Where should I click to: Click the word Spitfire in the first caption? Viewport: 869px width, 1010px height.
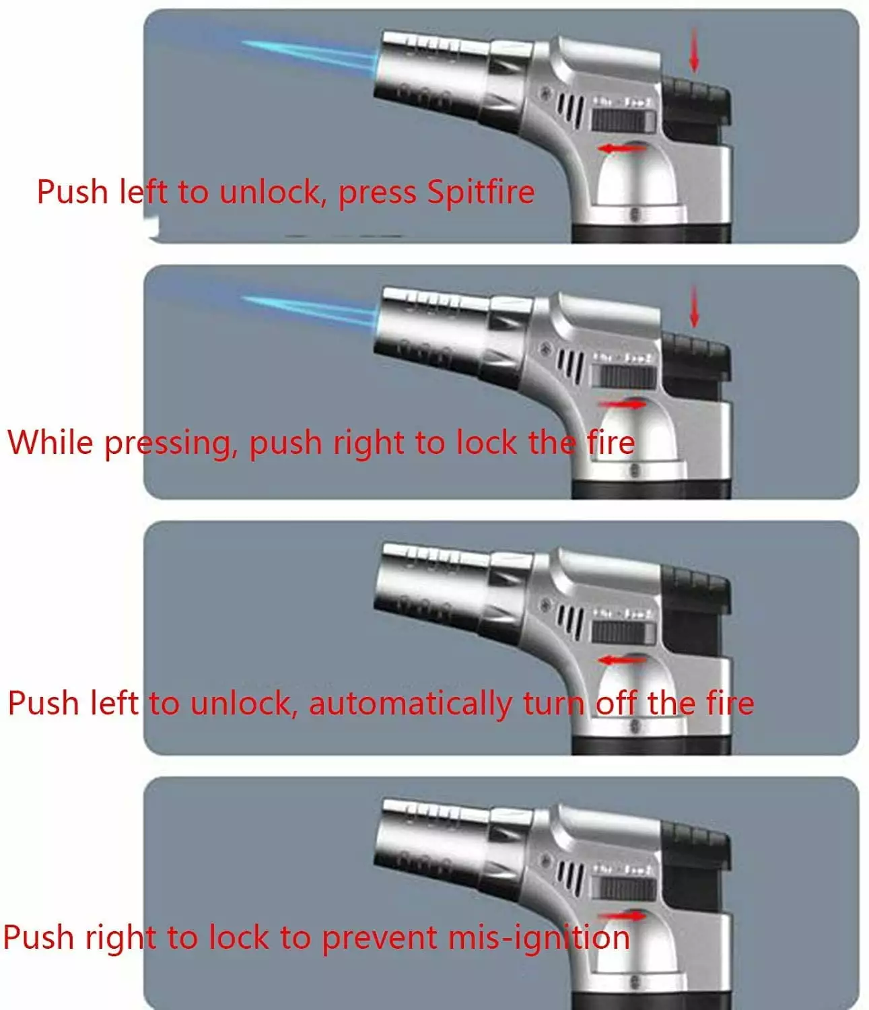(x=481, y=193)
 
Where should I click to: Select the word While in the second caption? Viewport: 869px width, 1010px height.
(x=50, y=442)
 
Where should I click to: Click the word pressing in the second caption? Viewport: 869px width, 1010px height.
(x=171, y=444)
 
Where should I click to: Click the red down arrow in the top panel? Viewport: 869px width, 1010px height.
(x=693, y=50)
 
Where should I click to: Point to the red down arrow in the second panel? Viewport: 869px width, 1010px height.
(x=693, y=306)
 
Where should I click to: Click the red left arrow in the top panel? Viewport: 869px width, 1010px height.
(x=621, y=147)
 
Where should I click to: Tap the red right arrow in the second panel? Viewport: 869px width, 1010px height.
(x=623, y=403)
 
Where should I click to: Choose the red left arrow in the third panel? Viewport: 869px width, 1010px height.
(x=621, y=660)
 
